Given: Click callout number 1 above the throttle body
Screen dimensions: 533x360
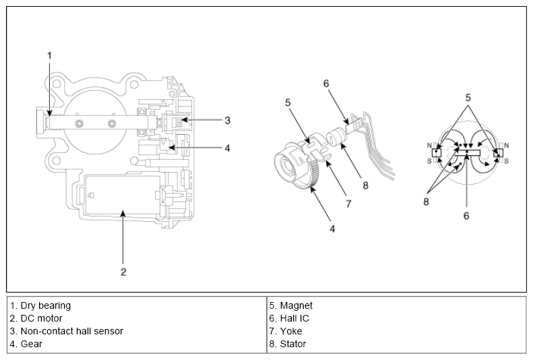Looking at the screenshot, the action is click(50, 55).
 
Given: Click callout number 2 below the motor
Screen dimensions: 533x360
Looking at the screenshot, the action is click(123, 272).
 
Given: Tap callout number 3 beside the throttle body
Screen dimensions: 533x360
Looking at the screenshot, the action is click(227, 121).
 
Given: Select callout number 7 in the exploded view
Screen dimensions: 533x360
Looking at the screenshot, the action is click(348, 204).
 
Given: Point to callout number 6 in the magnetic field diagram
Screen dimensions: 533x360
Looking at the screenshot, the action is click(466, 216).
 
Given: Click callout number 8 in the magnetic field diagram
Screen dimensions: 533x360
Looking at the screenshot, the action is click(427, 202).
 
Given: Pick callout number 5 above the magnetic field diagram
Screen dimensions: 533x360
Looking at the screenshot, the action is click(468, 98).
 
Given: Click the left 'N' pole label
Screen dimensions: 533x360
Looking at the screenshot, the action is click(429, 146).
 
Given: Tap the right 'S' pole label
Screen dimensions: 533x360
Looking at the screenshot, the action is click(506, 161).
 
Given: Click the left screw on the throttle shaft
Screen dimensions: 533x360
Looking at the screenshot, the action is click(80, 124).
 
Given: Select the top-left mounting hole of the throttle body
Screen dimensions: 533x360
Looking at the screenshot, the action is click(57, 84).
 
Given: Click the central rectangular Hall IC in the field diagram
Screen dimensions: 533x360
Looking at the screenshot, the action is click(468, 152).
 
